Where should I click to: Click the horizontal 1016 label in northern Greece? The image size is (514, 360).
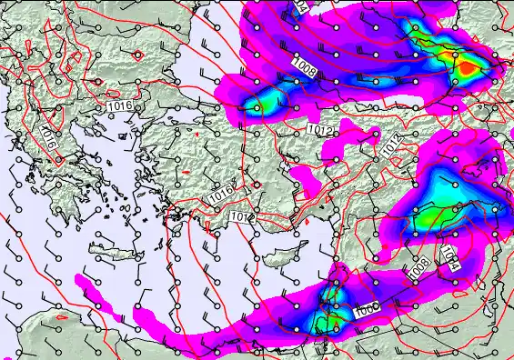(x=118, y=107)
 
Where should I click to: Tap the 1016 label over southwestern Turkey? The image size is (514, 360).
(x=219, y=195)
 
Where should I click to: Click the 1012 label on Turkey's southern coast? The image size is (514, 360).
(x=241, y=217)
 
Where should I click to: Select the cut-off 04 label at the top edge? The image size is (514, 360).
(x=301, y=5)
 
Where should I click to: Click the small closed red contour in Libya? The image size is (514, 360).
(x=62, y=318)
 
